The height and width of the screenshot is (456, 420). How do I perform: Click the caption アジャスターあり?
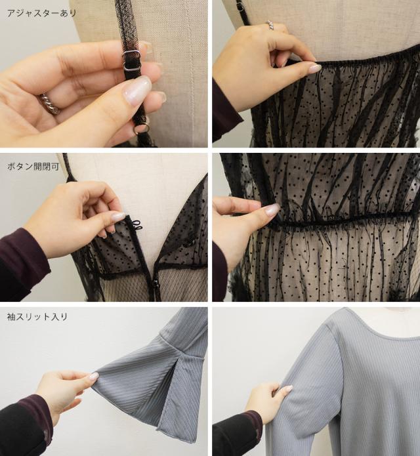(41, 13)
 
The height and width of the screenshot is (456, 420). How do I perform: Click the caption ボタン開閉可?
(33, 167)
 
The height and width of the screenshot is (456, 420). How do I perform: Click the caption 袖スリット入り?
(37, 316)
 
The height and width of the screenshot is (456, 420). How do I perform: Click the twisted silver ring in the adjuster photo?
(50, 104)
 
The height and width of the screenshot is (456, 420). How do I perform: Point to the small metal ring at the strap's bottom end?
(142, 128)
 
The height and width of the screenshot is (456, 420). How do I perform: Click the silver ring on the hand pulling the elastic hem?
(270, 25)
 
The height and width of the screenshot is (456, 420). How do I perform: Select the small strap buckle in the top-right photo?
(240, 6)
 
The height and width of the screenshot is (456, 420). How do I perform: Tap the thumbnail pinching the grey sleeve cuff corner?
(94, 376)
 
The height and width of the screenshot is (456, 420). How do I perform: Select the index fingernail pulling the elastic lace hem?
(314, 68)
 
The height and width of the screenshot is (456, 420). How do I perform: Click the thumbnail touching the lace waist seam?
(272, 209)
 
